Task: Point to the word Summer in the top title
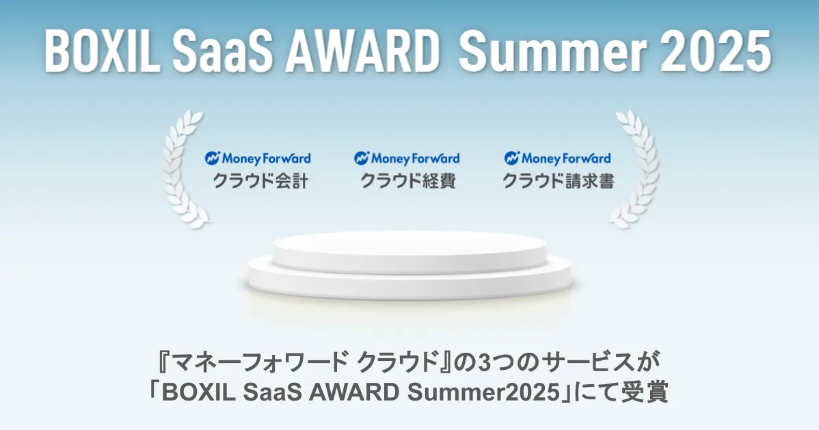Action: (x=552, y=51)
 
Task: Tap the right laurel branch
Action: (x=636, y=170)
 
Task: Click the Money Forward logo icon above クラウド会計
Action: (x=212, y=159)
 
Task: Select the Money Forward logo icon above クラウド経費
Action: (x=362, y=159)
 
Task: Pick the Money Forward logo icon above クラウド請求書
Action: (x=512, y=159)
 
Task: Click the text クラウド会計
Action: (x=260, y=181)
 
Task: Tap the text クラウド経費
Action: (x=408, y=181)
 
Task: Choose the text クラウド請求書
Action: (x=559, y=181)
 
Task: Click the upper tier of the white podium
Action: (x=409, y=250)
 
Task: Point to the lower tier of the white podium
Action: (x=410, y=282)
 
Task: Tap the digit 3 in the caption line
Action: (x=485, y=362)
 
